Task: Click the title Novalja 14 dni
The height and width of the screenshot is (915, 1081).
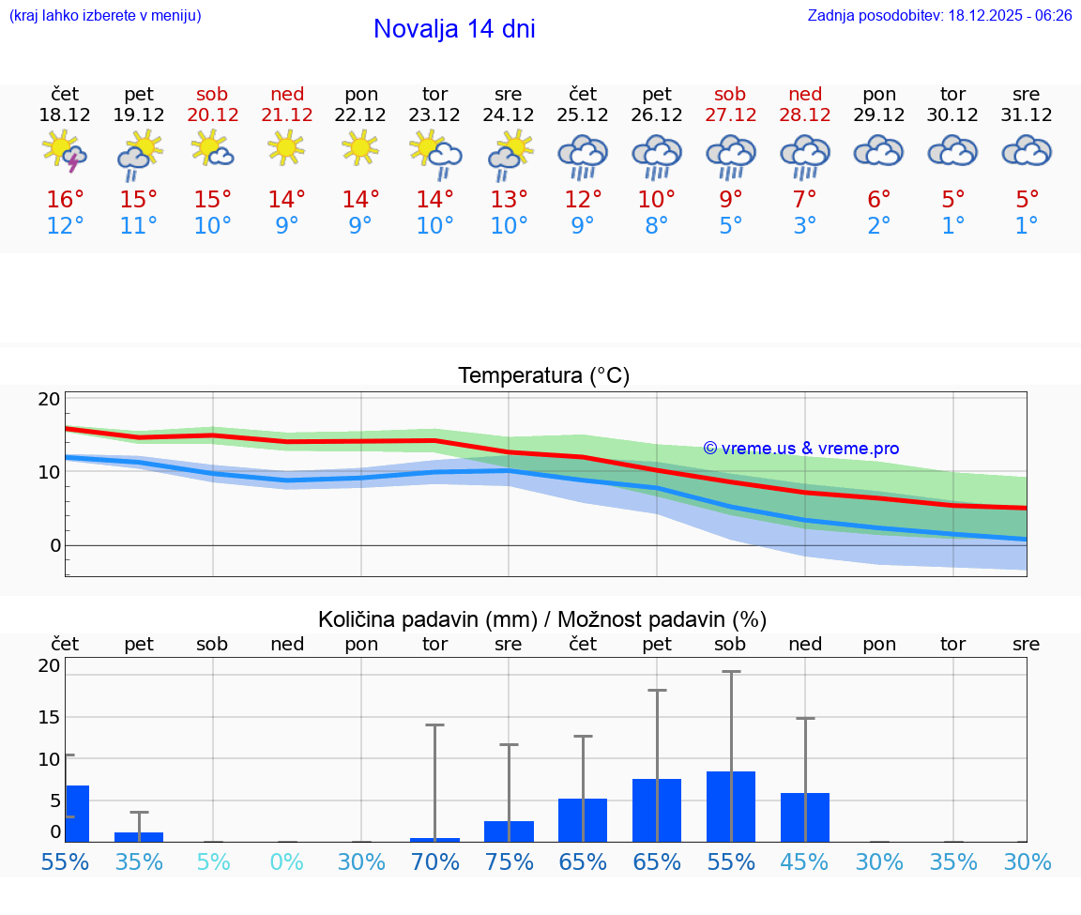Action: click(x=454, y=29)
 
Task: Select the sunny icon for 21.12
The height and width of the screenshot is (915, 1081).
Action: click(x=287, y=147)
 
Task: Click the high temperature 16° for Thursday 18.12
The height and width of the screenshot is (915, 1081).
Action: click(x=65, y=200)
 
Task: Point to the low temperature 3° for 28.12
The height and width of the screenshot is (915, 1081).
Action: click(x=804, y=226)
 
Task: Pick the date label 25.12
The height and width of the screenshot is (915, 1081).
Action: click(x=583, y=115)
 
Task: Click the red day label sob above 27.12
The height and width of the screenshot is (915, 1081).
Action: click(x=730, y=94)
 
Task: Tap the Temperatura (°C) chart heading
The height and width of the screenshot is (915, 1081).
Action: click(x=543, y=376)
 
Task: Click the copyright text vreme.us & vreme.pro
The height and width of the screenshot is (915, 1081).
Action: click(x=800, y=449)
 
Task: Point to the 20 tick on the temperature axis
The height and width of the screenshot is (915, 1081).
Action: click(x=49, y=399)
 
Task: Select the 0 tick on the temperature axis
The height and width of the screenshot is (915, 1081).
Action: click(x=54, y=545)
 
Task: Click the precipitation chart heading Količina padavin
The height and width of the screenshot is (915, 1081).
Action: click(x=542, y=619)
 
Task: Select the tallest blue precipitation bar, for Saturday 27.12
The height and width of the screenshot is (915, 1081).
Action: click(x=731, y=806)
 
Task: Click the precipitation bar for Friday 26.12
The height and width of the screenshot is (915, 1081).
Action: click(x=657, y=810)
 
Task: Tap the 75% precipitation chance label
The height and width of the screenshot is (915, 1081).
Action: click(x=509, y=862)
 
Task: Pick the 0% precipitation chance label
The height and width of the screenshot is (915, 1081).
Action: click(x=287, y=862)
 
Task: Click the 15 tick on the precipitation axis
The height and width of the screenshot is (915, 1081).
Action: click(x=49, y=717)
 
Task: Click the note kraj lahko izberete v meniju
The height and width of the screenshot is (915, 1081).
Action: click(x=105, y=16)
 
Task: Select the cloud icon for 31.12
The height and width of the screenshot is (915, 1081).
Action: click(x=1027, y=150)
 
